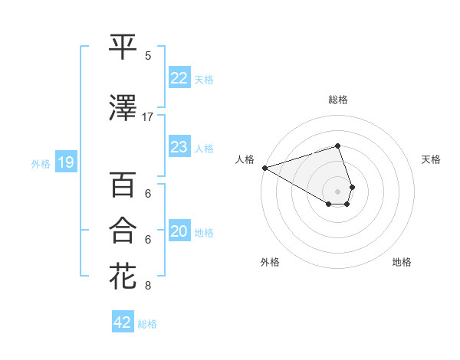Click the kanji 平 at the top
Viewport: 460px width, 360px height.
123,47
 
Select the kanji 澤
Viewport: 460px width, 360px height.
123,109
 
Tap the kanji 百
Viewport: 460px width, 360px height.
123,186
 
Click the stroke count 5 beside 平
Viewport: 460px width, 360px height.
148,55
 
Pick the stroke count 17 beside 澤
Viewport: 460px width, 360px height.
148,117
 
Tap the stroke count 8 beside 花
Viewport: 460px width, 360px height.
148,286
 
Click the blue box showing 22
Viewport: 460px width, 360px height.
179,78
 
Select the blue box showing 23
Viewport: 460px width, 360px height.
179,147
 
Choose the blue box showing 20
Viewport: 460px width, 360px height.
179,232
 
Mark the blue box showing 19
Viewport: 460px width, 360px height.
65,162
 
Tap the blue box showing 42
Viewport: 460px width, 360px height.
123,322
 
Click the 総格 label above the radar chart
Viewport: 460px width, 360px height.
338,100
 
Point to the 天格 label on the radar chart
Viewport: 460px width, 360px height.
431,159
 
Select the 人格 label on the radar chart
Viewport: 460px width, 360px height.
245,159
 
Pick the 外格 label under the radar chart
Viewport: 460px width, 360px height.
270,262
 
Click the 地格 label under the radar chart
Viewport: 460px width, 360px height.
402,262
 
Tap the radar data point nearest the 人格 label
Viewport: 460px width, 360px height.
264,167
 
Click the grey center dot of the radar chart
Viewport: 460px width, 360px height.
338,191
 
